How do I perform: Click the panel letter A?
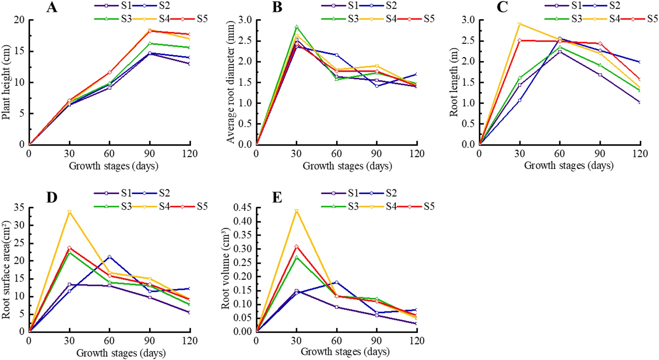[x=52, y=7]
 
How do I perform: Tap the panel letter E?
[x=277, y=198]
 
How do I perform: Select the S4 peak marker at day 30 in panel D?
[x=69, y=212]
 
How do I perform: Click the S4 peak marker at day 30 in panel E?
[x=296, y=211]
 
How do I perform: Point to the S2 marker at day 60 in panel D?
[x=109, y=257]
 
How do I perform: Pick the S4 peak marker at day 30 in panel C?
[x=520, y=24]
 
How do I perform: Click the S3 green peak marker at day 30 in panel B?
[x=296, y=27]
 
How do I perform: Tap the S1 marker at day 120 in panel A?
[x=190, y=64]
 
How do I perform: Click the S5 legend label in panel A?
[x=202, y=19]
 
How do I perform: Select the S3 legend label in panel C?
[x=576, y=19]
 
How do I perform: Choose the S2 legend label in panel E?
[x=391, y=193]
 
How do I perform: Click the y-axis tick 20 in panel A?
[x=19, y=20]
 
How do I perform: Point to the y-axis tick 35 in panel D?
[x=19, y=207]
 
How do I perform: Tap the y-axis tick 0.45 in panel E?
[x=242, y=207]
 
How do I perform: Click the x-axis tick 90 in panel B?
[x=376, y=154]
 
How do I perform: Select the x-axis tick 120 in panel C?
[x=640, y=154]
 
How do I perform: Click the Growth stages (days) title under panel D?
[x=121, y=353]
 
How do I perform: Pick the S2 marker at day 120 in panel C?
[x=640, y=62]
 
